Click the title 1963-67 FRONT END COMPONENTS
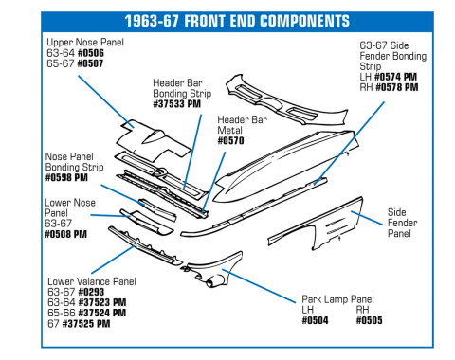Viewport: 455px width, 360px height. coord(227,21)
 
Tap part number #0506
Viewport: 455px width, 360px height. coord(89,54)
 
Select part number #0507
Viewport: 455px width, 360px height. coord(89,64)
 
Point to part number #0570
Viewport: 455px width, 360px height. coord(231,141)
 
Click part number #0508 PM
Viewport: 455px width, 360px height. coord(66,233)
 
